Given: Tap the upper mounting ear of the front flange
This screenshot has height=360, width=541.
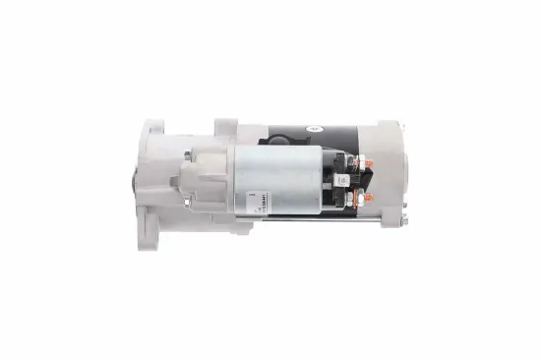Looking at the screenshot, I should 152,132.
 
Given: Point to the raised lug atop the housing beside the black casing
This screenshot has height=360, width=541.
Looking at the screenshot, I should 225,127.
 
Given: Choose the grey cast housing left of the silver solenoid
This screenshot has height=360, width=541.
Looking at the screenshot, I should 197,182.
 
